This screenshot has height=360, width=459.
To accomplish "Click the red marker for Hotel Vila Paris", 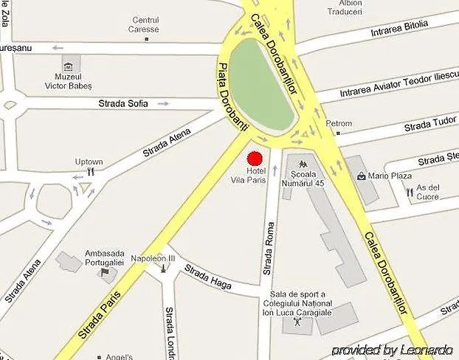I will click(255, 159).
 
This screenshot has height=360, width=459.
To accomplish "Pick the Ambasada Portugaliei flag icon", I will click(104, 274).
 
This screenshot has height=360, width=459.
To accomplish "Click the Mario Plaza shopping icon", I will click(361, 176).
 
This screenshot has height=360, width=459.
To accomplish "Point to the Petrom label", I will click(339, 123).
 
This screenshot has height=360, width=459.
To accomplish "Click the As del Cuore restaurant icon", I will click(410, 191).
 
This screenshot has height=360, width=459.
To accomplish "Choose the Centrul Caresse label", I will click(145, 24).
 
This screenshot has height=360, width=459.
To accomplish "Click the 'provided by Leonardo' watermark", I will click(393, 350).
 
